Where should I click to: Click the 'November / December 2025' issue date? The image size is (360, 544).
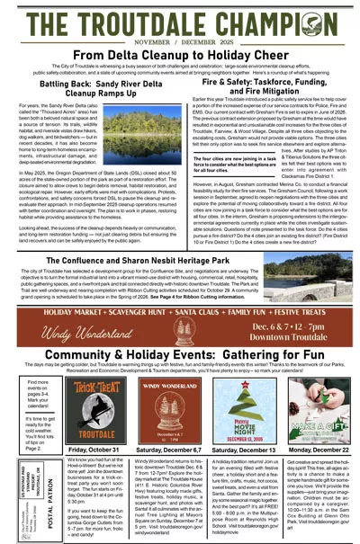[180, 41]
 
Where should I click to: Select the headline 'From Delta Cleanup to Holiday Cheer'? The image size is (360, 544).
[180, 55]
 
